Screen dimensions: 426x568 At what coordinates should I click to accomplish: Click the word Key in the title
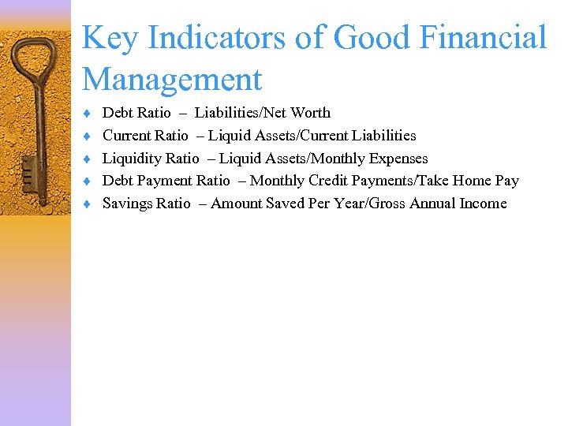tap(105, 38)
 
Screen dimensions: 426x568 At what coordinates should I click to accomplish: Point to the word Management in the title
tap(172, 80)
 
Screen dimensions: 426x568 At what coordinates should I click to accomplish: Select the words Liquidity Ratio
tap(151, 159)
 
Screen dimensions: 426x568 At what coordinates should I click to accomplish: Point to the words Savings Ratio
tap(147, 204)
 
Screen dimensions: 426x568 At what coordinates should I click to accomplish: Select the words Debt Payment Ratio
tap(166, 181)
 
